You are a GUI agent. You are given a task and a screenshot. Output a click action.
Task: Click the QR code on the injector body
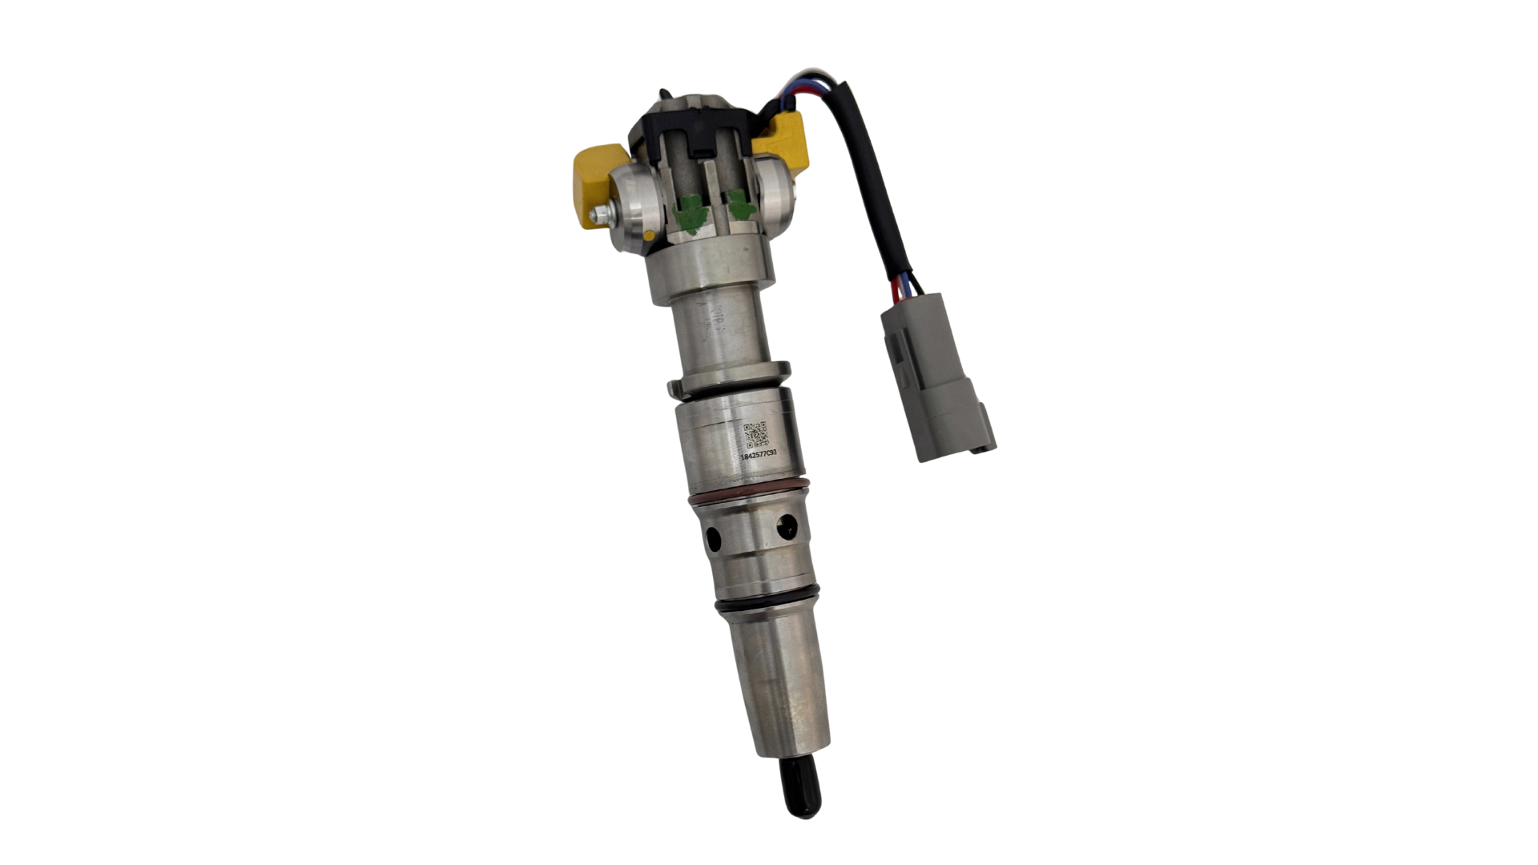(756, 435)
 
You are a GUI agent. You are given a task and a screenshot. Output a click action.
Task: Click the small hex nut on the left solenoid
(597, 215)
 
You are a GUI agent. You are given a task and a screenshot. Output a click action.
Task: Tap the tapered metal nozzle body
(781, 689)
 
